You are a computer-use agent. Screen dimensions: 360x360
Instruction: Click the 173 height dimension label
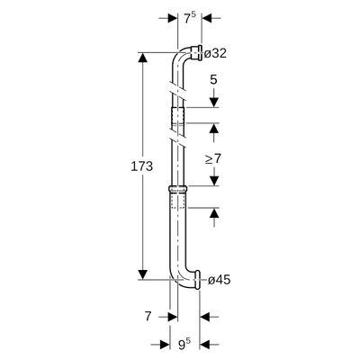(x=141, y=166)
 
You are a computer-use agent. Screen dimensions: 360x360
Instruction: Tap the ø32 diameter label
(x=215, y=54)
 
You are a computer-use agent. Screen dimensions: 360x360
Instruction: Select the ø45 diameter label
(x=220, y=280)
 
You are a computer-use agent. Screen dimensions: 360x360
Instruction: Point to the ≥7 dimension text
(x=212, y=158)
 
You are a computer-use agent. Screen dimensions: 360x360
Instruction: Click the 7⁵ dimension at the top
(x=190, y=19)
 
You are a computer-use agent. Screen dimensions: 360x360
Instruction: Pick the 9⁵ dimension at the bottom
(x=185, y=346)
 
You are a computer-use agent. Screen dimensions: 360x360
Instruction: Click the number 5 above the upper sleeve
(x=213, y=80)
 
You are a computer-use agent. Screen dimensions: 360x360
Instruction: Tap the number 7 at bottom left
(x=148, y=317)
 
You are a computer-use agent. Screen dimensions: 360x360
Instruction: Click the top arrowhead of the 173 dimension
(x=143, y=58)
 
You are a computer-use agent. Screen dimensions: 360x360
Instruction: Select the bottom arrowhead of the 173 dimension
(x=143, y=274)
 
